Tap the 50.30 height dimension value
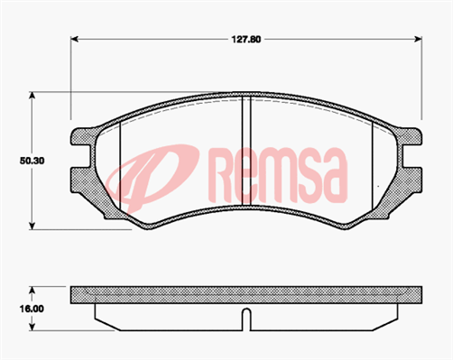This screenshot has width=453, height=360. (32, 160)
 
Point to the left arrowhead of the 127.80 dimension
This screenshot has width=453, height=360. (75, 40)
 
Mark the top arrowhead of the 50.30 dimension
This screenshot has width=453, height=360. (33, 95)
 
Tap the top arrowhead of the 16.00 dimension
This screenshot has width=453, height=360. (33, 290)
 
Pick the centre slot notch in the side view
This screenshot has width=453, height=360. (245, 318)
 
